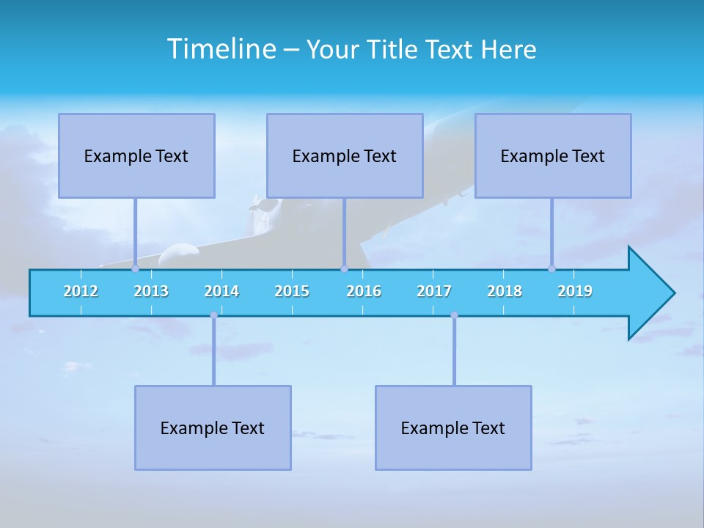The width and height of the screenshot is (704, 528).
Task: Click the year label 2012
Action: [x=81, y=291]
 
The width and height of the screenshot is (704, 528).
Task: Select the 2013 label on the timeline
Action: [x=151, y=291]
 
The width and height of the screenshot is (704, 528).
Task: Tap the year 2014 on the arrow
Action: [x=221, y=291]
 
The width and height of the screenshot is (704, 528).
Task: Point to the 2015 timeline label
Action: [x=292, y=291]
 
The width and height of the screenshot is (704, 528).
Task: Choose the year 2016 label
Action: [x=364, y=291]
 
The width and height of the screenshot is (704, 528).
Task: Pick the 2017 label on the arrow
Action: [x=434, y=291]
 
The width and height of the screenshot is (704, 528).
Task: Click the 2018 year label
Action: [x=505, y=291]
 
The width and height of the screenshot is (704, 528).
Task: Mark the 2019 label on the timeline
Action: [x=575, y=291]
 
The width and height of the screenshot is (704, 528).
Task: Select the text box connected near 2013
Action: [x=136, y=155]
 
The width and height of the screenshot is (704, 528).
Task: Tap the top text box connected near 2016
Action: [x=345, y=155]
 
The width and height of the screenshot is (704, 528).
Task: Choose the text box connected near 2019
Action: [x=553, y=155]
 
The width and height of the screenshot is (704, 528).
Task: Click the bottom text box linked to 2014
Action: [x=213, y=428]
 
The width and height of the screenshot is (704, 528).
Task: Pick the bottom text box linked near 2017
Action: [x=453, y=428]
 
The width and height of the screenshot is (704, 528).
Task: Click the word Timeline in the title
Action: [x=221, y=49]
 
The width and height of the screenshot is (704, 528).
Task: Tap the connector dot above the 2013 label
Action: [x=135, y=268]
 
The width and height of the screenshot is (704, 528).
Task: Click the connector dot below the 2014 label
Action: [x=213, y=315]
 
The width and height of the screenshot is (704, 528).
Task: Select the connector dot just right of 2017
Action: [x=454, y=315]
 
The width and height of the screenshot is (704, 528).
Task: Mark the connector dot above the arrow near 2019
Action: [x=551, y=268]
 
